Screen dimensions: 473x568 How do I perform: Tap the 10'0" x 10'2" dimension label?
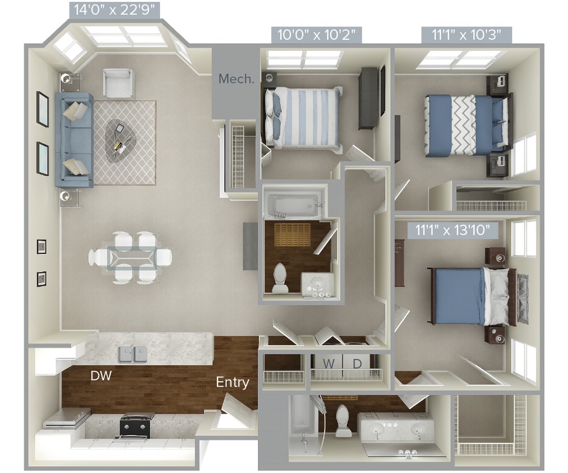pyautogui.click(x=316, y=35)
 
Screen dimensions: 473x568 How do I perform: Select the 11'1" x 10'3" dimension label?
pyautogui.click(x=467, y=35)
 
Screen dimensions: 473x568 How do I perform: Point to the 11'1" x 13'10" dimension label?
pyautogui.click(x=453, y=229)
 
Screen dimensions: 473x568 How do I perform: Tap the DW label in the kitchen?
pyautogui.click(x=101, y=376)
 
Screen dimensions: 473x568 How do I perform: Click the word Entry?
pyautogui.click(x=233, y=382)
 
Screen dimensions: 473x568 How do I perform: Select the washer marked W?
pyautogui.click(x=329, y=364)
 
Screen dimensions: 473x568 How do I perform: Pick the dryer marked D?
pyautogui.click(x=357, y=364)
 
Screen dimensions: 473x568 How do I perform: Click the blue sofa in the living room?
pyautogui.click(x=74, y=140)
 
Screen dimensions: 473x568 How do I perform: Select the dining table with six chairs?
pyautogui.click(x=130, y=258)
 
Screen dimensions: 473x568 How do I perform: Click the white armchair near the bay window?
pyautogui.click(x=118, y=83)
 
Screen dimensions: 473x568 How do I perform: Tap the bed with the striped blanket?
pyautogui.click(x=303, y=118)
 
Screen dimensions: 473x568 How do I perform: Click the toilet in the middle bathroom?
pyautogui.click(x=280, y=279)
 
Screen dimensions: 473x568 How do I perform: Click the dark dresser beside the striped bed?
pyautogui.click(x=368, y=99)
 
